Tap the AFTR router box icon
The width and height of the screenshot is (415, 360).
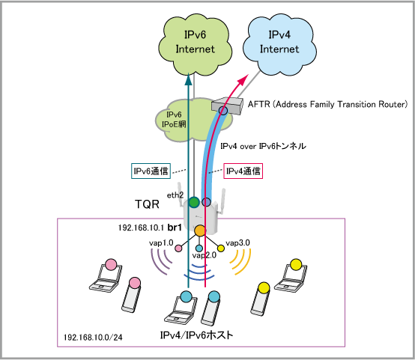(227, 105)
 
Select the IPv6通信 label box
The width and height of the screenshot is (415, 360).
(151, 171)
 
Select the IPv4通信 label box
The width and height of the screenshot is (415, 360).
(243, 171)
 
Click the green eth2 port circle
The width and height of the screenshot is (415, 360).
(194, 202)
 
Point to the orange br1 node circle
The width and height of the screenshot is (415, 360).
(200, 231)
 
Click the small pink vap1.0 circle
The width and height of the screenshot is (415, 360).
(178, 248)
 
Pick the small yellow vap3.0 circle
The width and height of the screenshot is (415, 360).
(221, 248)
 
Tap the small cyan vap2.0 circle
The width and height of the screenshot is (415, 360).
(199, 248)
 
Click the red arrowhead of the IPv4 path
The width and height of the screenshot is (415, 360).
(244, 79)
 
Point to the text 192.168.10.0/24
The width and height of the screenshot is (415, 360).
(93, 338)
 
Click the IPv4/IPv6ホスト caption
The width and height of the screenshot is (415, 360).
(197, 335)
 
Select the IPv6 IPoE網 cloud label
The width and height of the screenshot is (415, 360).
(174, 119)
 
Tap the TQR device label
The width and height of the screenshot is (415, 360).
(147, 204)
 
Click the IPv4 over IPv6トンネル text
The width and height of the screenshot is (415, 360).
(263, 146)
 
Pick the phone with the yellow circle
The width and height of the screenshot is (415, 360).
(261, 299)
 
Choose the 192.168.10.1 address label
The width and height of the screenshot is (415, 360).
(141, 228)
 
